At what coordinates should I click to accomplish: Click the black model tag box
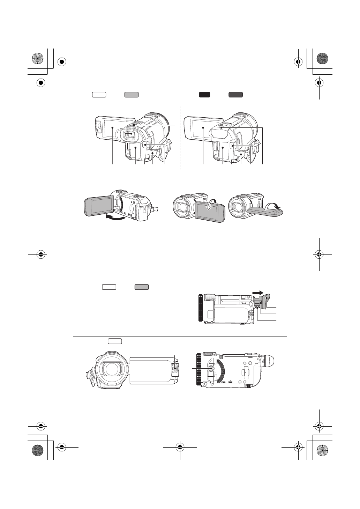coord(204,94)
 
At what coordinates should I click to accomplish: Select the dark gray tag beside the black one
coord(235,94)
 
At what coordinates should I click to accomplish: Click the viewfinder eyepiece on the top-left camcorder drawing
coord(129,133)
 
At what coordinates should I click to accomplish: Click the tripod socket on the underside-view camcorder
coord(210,368)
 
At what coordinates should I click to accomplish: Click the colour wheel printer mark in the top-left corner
coord(37,59)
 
